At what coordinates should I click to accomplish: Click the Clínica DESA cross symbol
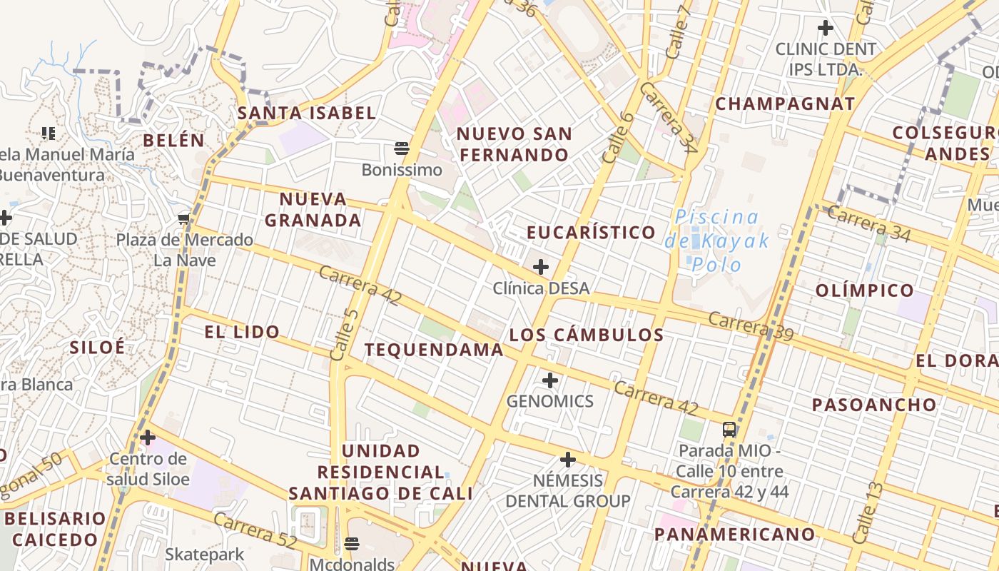[541, 267]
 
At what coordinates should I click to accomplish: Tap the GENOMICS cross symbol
[550, 380]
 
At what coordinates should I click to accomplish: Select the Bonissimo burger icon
[401, 148]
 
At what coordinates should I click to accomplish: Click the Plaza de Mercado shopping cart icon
[184, 218]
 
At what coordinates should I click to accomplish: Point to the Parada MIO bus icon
[729, 429]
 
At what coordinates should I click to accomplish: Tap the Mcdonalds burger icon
[351, 543]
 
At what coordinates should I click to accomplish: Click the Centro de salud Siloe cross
[148, 437]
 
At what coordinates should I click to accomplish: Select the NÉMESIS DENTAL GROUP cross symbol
[568, 459]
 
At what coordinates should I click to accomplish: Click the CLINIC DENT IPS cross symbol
[826, 28]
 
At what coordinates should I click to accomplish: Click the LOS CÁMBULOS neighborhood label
[587, 335]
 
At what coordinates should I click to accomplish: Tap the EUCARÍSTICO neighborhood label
[591, 233]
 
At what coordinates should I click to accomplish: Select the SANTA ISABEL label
[307, 113]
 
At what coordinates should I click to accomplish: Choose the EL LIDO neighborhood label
[241, 332]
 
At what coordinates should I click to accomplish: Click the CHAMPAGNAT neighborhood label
[785, 103]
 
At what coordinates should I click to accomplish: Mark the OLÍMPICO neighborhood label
[864, 290]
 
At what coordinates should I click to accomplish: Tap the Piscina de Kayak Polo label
[717, 241]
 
